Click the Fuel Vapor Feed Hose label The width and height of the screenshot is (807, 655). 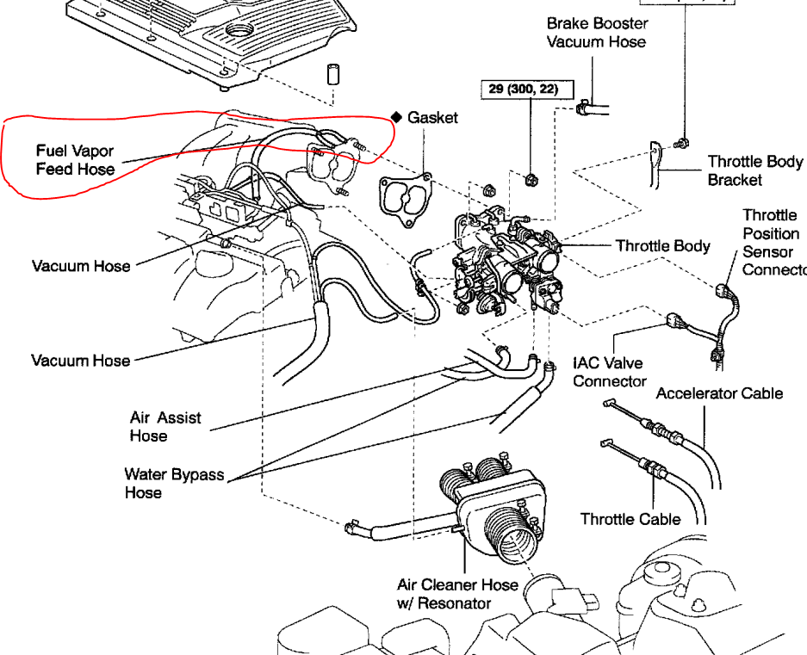pos(75,160)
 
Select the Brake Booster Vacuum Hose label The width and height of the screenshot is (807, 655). pos(596,33)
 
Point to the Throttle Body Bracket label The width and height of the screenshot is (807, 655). pos(754,170)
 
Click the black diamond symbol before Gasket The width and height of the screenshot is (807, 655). pos(397,117)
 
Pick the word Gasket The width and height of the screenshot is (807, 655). pos(433,117)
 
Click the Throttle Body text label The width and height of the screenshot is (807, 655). pos(662,246)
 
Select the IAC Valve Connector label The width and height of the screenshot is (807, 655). pos(609,372)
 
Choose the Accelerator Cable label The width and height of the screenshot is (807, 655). pos(719,393)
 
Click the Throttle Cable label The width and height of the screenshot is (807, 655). pos(630,519)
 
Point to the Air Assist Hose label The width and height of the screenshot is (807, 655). pos(165,426)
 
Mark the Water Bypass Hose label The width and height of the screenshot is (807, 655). pos(174,483)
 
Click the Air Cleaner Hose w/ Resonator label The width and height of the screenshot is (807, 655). pos(457,594)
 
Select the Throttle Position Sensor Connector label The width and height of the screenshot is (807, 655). pos(773,242)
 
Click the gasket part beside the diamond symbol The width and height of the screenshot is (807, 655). pos(405,201)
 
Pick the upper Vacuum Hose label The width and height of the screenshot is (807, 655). pos(81,266)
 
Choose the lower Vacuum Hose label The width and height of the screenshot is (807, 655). pos(81,360)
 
